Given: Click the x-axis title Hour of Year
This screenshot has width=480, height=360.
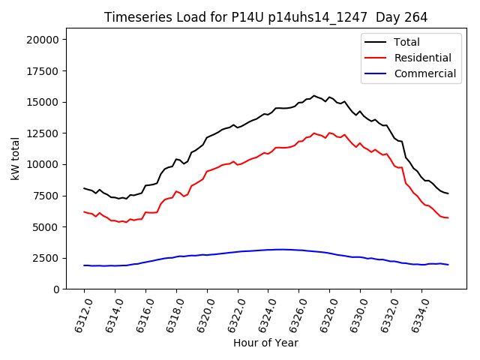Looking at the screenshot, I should coord(265,343).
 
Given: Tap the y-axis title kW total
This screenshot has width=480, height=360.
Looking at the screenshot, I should coord(15,159).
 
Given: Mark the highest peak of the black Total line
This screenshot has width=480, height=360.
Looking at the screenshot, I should coord(314,95).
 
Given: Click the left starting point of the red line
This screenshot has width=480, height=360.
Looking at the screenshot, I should coord(84,211).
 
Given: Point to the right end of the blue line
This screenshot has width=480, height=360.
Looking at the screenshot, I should coord(448,265).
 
